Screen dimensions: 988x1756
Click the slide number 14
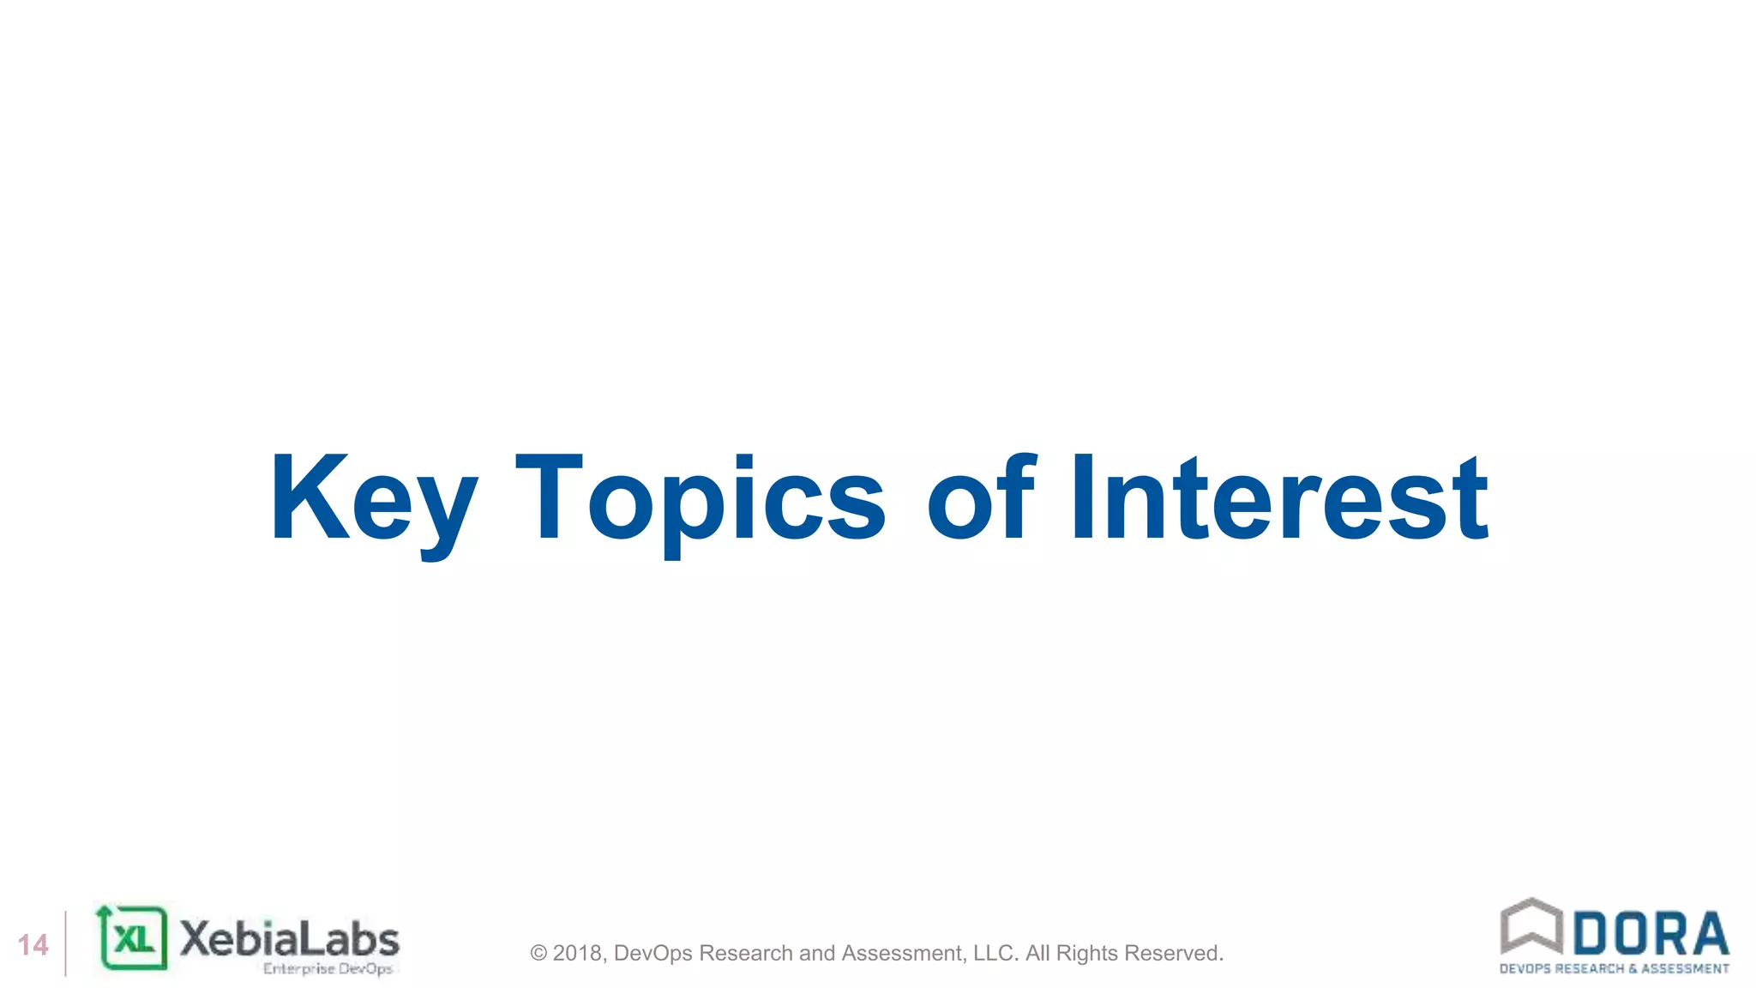click(x=33, y=945)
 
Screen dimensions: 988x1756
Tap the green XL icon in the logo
click(x=133, y=938)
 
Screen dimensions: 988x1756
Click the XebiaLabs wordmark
click(x=290, y=939)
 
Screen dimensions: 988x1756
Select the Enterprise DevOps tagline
click(x=328, y=969)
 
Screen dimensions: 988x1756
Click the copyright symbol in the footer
click(x=538, y=954)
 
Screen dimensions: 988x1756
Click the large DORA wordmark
click(x=1651, y=934)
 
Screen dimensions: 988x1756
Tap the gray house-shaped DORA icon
click(x=1531, y=926)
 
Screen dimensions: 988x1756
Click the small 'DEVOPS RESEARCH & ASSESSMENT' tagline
click(x=1614, y=969)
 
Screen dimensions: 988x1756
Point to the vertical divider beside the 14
click(x=66, y=943)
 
